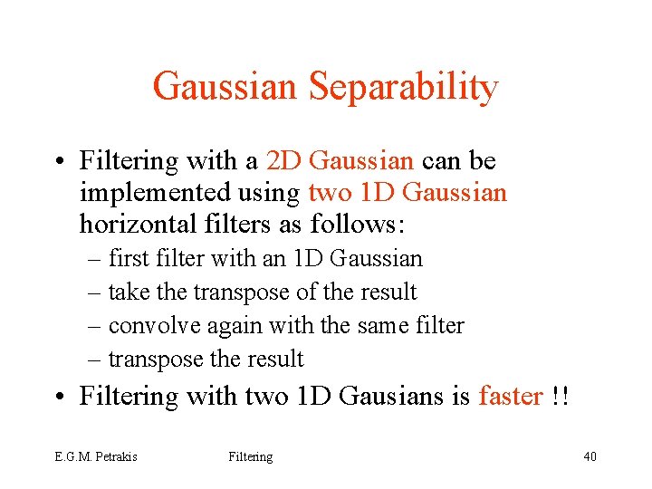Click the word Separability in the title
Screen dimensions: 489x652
[x=403, y=87]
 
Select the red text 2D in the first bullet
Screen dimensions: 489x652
[x=284, y=161]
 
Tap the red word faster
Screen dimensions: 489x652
[x=511, y=397]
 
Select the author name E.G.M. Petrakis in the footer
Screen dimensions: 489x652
[x=95, y=457]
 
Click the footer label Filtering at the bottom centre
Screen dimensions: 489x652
[x=251, y=457]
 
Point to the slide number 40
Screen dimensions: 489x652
[x=590, y=457]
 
